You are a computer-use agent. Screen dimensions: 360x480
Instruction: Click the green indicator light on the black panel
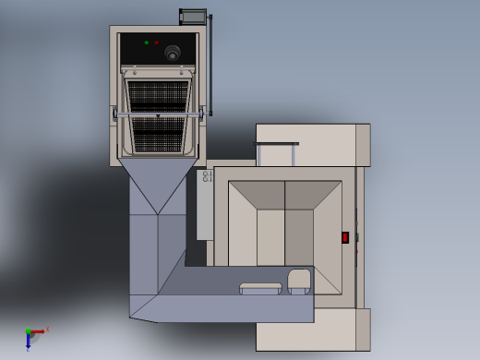[146, 42]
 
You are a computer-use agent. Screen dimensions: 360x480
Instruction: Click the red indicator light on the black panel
[156, 42]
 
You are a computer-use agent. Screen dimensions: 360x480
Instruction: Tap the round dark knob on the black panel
[173, 54]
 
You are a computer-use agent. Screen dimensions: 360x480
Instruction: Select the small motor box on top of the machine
[193, 16]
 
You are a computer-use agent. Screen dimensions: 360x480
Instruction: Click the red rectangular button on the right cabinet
[345, 237]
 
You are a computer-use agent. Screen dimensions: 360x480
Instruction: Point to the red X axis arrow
[39, 331]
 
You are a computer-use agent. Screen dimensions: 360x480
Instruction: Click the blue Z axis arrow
[28, 342]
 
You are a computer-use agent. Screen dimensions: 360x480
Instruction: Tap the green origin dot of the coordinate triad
[29, 331]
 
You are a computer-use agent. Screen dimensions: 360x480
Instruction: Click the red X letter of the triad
[47, 329]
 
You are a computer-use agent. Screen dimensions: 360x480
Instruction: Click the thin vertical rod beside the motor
[210, 65]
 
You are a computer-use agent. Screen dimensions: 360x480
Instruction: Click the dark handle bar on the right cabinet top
[277, 144]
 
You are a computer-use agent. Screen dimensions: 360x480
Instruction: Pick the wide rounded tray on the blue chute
[260, 288]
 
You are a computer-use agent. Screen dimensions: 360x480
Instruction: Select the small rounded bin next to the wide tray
[299, 281]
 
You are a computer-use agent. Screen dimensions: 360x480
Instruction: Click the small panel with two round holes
[207, 175]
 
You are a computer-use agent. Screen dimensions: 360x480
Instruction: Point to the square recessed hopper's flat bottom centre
[284, 237]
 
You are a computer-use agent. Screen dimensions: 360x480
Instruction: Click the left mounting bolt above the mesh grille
[134, 72]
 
